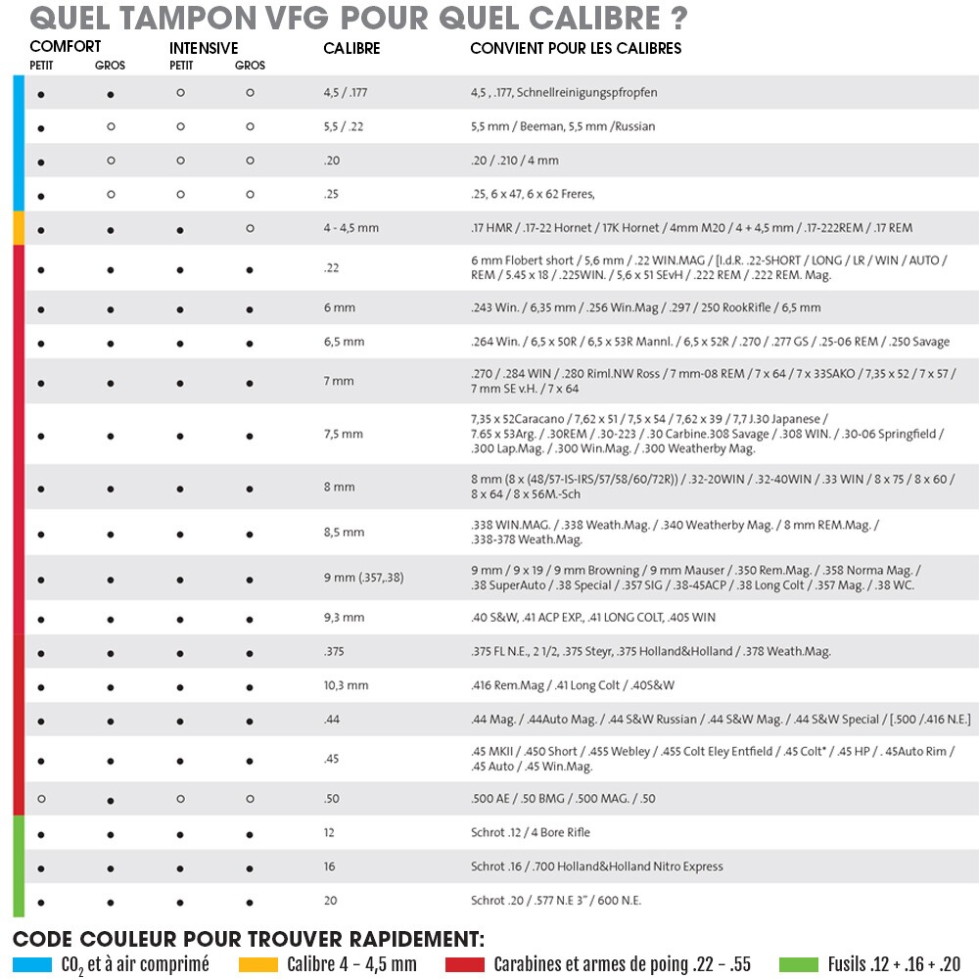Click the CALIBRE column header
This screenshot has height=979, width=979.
coord(351,48)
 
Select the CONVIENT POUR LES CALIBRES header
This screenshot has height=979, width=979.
coord(576,48)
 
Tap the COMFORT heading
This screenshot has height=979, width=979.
coord(65,46)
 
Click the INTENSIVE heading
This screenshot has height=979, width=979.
coord(204,48)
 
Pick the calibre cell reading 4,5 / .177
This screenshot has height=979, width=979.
coord(345,93)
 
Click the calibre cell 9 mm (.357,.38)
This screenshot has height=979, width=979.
coord(363,578)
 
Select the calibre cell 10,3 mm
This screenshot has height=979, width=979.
coord(346,685)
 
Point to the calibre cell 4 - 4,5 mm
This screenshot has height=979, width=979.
coord(350,228)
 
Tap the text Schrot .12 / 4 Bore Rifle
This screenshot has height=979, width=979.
coord(530,832)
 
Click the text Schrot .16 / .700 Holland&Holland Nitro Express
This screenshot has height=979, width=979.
coord(596,866)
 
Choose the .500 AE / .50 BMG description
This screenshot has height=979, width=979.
coord(563,799)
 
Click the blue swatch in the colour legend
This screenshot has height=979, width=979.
coord(32,965)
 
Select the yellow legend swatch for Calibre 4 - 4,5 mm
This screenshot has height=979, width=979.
coord(258,965)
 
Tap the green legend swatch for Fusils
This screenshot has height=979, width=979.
coord(798,965)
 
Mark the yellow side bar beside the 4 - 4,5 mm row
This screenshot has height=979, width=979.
coord(19,228)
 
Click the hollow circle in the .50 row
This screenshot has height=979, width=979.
coord(41,799)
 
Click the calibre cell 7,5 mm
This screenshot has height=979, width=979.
coord(344,434)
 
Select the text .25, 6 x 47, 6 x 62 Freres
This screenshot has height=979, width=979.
coord(533,194)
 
